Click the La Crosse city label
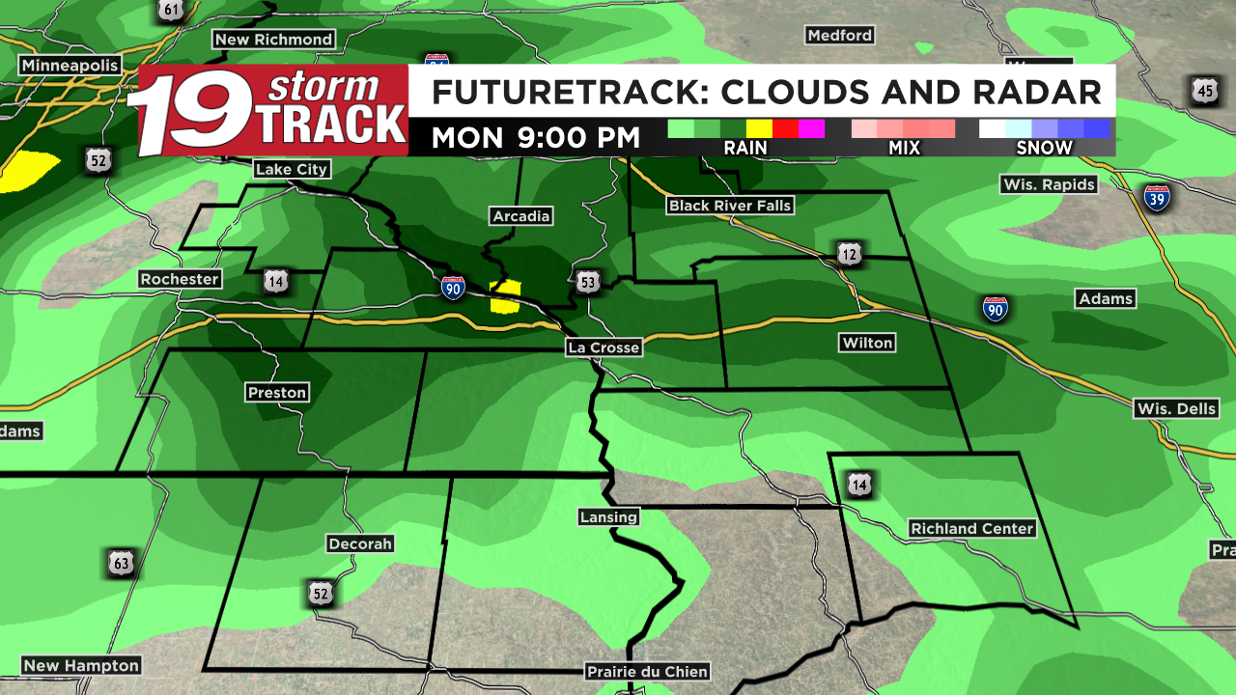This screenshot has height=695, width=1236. point(604,347)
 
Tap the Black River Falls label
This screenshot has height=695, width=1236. point(730,205)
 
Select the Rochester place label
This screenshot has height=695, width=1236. point(180,279)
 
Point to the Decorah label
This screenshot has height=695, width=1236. point(360,543)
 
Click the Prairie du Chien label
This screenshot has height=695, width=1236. point(647,671)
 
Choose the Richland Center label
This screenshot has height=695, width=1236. point(972,528)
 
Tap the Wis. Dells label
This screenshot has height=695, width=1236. point(1176,408)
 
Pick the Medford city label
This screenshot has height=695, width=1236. point(839,35)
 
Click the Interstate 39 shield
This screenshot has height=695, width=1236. point(1157,199)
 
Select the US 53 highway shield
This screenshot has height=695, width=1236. point(588,282)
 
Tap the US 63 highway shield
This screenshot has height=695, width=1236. point(121,562)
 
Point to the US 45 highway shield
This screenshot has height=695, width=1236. point(1203,92)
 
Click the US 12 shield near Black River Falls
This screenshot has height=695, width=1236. point(849,255)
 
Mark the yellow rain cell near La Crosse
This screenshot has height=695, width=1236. point(505,296)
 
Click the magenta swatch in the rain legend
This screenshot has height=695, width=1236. point(811,128)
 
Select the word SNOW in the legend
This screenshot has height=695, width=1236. point(1044,148)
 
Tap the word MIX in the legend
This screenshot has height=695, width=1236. point(904,148)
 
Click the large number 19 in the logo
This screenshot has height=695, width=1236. point(191,114)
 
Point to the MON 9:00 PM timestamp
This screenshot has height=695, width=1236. point(535,138)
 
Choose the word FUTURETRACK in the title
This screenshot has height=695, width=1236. point(555,93)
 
